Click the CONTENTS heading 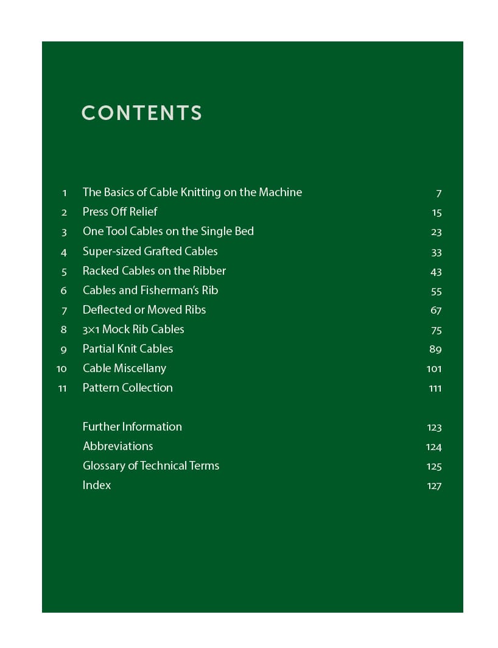click(x=141, y=113)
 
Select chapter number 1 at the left click(x=65, y=193)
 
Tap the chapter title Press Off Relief click(x=120, y=212)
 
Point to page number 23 click(x=436, y=232)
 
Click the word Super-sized click(x=111, y=252)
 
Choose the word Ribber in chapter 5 click(x=209, y=270)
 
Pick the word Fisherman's click(x=167, y=290)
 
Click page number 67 click(x=436, y=310)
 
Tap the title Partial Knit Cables click(x=128, y=349)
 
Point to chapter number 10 click(x=61, y=368)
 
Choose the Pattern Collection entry click(x=128, y=388)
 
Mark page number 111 click(x=435, y=388)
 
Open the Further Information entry click(x=132, y=427)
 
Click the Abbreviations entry click(x=118, y=446)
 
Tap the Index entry click(x=97, y=485)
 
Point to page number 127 click(x=434, y=486)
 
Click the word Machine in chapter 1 click(x=280, y=192)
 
